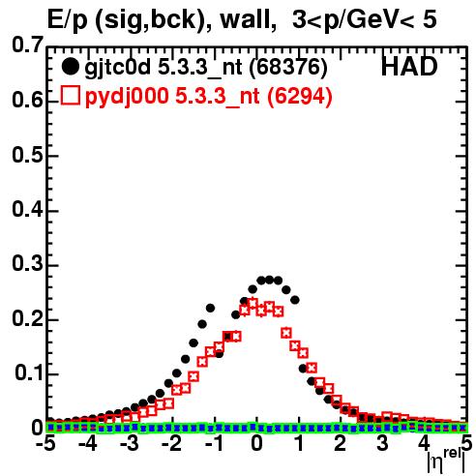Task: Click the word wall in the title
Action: coord(245,19)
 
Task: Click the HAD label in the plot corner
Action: coord(409,67)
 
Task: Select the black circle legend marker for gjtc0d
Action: coord(70,67)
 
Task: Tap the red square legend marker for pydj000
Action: coord(70,96)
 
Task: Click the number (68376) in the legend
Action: coord(288,68)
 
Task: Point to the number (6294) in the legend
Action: coord(300,97)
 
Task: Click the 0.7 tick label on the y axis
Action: coord(27,45)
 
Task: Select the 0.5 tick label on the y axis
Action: coord(27,155)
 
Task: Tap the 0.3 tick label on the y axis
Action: coord(27,264)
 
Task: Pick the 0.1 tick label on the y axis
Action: coord(28,373)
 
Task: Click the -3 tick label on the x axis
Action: coord(130,443)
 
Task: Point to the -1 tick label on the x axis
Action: coord(214,443)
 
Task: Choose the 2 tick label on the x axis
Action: coord(341,443)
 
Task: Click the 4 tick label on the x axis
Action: coord(425,443)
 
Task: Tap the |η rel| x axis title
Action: coord(446,461)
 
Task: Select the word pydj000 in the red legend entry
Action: coord(127,97)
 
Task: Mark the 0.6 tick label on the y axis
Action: coord(27,101)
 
